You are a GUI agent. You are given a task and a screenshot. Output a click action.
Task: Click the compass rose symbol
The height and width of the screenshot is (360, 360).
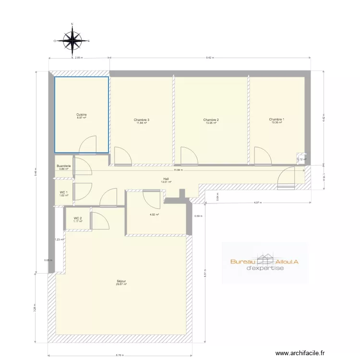point(72,41)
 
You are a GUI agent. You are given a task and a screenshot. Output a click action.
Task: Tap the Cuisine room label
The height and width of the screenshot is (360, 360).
point(81,115)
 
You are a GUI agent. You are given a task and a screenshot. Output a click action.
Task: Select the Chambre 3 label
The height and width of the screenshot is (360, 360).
point(142,120)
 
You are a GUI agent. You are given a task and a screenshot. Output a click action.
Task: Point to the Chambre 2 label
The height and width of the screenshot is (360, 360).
point(211,120)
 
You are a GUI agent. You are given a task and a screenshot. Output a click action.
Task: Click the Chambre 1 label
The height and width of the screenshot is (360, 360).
point(276,119)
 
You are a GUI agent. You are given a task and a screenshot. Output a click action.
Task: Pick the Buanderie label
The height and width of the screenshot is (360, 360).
point(65,166)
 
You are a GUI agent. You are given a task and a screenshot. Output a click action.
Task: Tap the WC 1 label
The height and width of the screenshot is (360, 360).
point(64,192)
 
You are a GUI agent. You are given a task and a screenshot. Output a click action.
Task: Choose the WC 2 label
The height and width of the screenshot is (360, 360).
point(77,218)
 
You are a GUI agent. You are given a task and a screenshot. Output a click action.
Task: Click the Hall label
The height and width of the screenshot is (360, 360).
point(166,179)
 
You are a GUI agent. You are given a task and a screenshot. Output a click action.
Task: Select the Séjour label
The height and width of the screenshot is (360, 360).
point(121,281)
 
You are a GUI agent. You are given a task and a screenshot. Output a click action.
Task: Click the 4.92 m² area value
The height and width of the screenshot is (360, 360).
point(154,215)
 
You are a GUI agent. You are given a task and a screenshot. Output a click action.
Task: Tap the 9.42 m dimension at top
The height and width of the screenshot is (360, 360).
point(210,58)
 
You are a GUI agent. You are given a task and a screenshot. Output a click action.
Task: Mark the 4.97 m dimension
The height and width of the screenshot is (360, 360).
point(258,203)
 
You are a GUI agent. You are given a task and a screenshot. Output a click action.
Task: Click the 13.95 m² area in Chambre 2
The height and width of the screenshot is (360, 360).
point(211,123)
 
